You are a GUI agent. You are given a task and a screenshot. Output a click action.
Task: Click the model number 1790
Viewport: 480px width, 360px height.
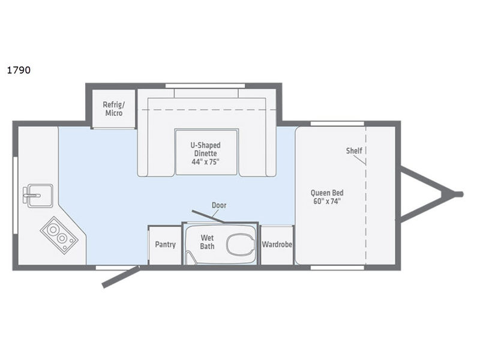[x=19, y=70]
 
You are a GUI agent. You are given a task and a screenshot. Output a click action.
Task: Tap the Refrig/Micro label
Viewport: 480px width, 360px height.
[x=113, y=108]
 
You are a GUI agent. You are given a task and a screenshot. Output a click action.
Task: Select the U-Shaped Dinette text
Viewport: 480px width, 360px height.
[x=206, y=149]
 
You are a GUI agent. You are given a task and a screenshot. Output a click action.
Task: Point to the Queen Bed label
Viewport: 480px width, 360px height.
[x=327, y=193]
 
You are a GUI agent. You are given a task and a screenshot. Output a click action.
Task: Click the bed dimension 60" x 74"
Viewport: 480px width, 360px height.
[x=327, y=202]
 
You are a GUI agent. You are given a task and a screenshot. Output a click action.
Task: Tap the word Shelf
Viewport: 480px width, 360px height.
[x=354, y=150]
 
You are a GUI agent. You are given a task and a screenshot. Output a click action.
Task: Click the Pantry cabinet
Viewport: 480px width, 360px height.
[x=164, y=245]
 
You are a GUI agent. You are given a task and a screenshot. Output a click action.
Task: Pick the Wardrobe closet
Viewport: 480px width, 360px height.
[x=277, y=245]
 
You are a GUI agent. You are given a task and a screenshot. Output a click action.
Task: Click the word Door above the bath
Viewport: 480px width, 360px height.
[x=219, y=205]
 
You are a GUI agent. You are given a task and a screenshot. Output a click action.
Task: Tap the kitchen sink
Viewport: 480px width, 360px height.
[x=32, y=195]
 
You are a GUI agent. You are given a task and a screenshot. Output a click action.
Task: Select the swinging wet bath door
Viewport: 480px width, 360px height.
[x=207, y=216]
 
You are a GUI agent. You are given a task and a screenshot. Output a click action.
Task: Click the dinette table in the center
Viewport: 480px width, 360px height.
[x=206, y=152]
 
